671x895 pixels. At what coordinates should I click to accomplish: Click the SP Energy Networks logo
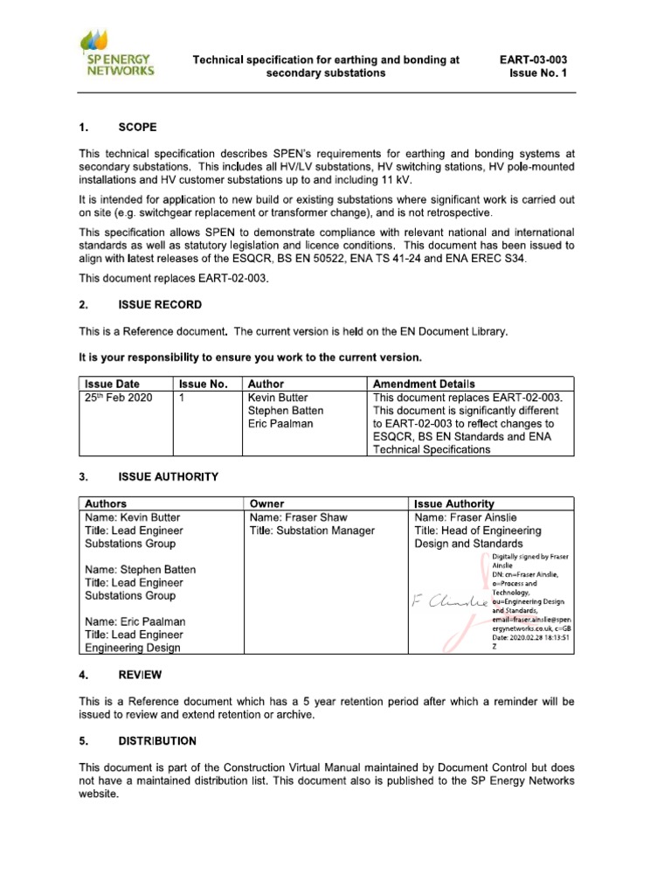point(117,53)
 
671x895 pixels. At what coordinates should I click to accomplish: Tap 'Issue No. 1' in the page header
point(537,73)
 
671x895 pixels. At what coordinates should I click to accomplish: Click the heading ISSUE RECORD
point(159,305)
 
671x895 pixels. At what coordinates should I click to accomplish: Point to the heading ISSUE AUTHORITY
point(168,476)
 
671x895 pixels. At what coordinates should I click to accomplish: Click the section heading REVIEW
point(140,676)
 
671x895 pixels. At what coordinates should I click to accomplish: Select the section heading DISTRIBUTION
point(157,741)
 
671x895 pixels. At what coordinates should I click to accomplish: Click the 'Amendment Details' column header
point(424,384)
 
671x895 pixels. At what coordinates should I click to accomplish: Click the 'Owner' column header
point(267,503)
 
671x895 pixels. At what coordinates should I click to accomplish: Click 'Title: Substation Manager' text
point(312,531)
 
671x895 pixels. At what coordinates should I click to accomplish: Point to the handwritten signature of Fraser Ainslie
point(446,601)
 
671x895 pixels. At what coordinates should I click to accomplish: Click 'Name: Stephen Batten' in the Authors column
point(140,570)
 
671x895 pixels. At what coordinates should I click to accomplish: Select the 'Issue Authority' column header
point(454,503)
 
